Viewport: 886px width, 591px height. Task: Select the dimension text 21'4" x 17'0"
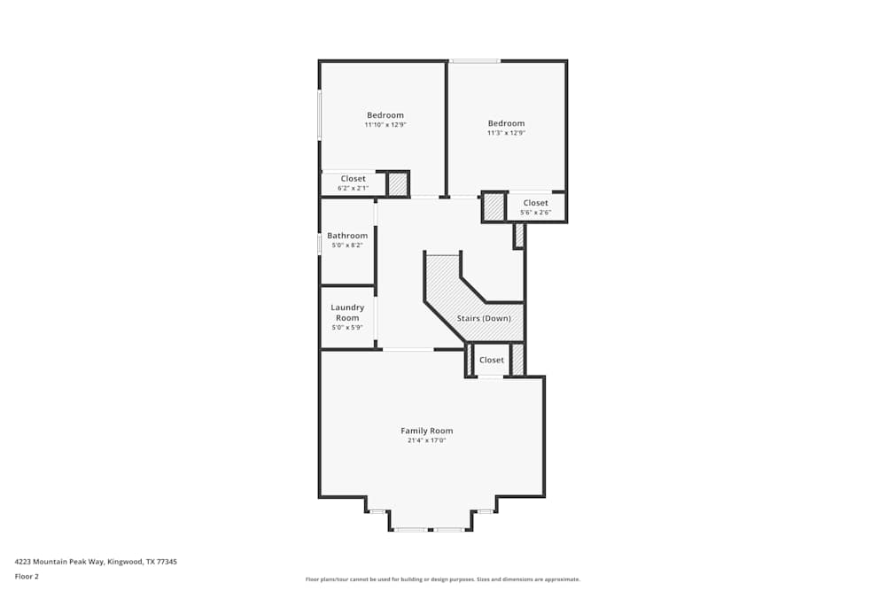[426, 440]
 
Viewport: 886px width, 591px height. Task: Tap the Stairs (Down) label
[483, 318]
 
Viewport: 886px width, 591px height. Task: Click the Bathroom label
[347, 236]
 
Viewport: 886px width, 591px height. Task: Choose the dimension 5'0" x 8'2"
[347, 245]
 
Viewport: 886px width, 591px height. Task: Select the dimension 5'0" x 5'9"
[347, 328]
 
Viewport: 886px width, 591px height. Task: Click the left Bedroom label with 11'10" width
[385, 115]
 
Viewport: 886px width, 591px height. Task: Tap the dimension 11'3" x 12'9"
[506, 133]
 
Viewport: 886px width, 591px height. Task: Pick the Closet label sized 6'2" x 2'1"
[353, 179]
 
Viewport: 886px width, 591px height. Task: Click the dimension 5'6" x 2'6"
[535, 213]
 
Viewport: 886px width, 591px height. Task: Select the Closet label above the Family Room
[492, 360]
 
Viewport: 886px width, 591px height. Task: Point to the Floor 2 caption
[27, 576]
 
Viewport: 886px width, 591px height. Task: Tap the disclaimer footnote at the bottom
[443, 579]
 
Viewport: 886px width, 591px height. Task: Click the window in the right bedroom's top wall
[475, 61]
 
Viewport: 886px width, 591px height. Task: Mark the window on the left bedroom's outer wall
[320, 114]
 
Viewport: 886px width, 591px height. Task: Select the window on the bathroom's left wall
[320, 244]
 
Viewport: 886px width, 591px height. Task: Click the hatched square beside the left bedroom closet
[398, 184]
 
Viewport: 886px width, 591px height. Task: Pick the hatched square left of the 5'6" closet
[494, 206]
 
